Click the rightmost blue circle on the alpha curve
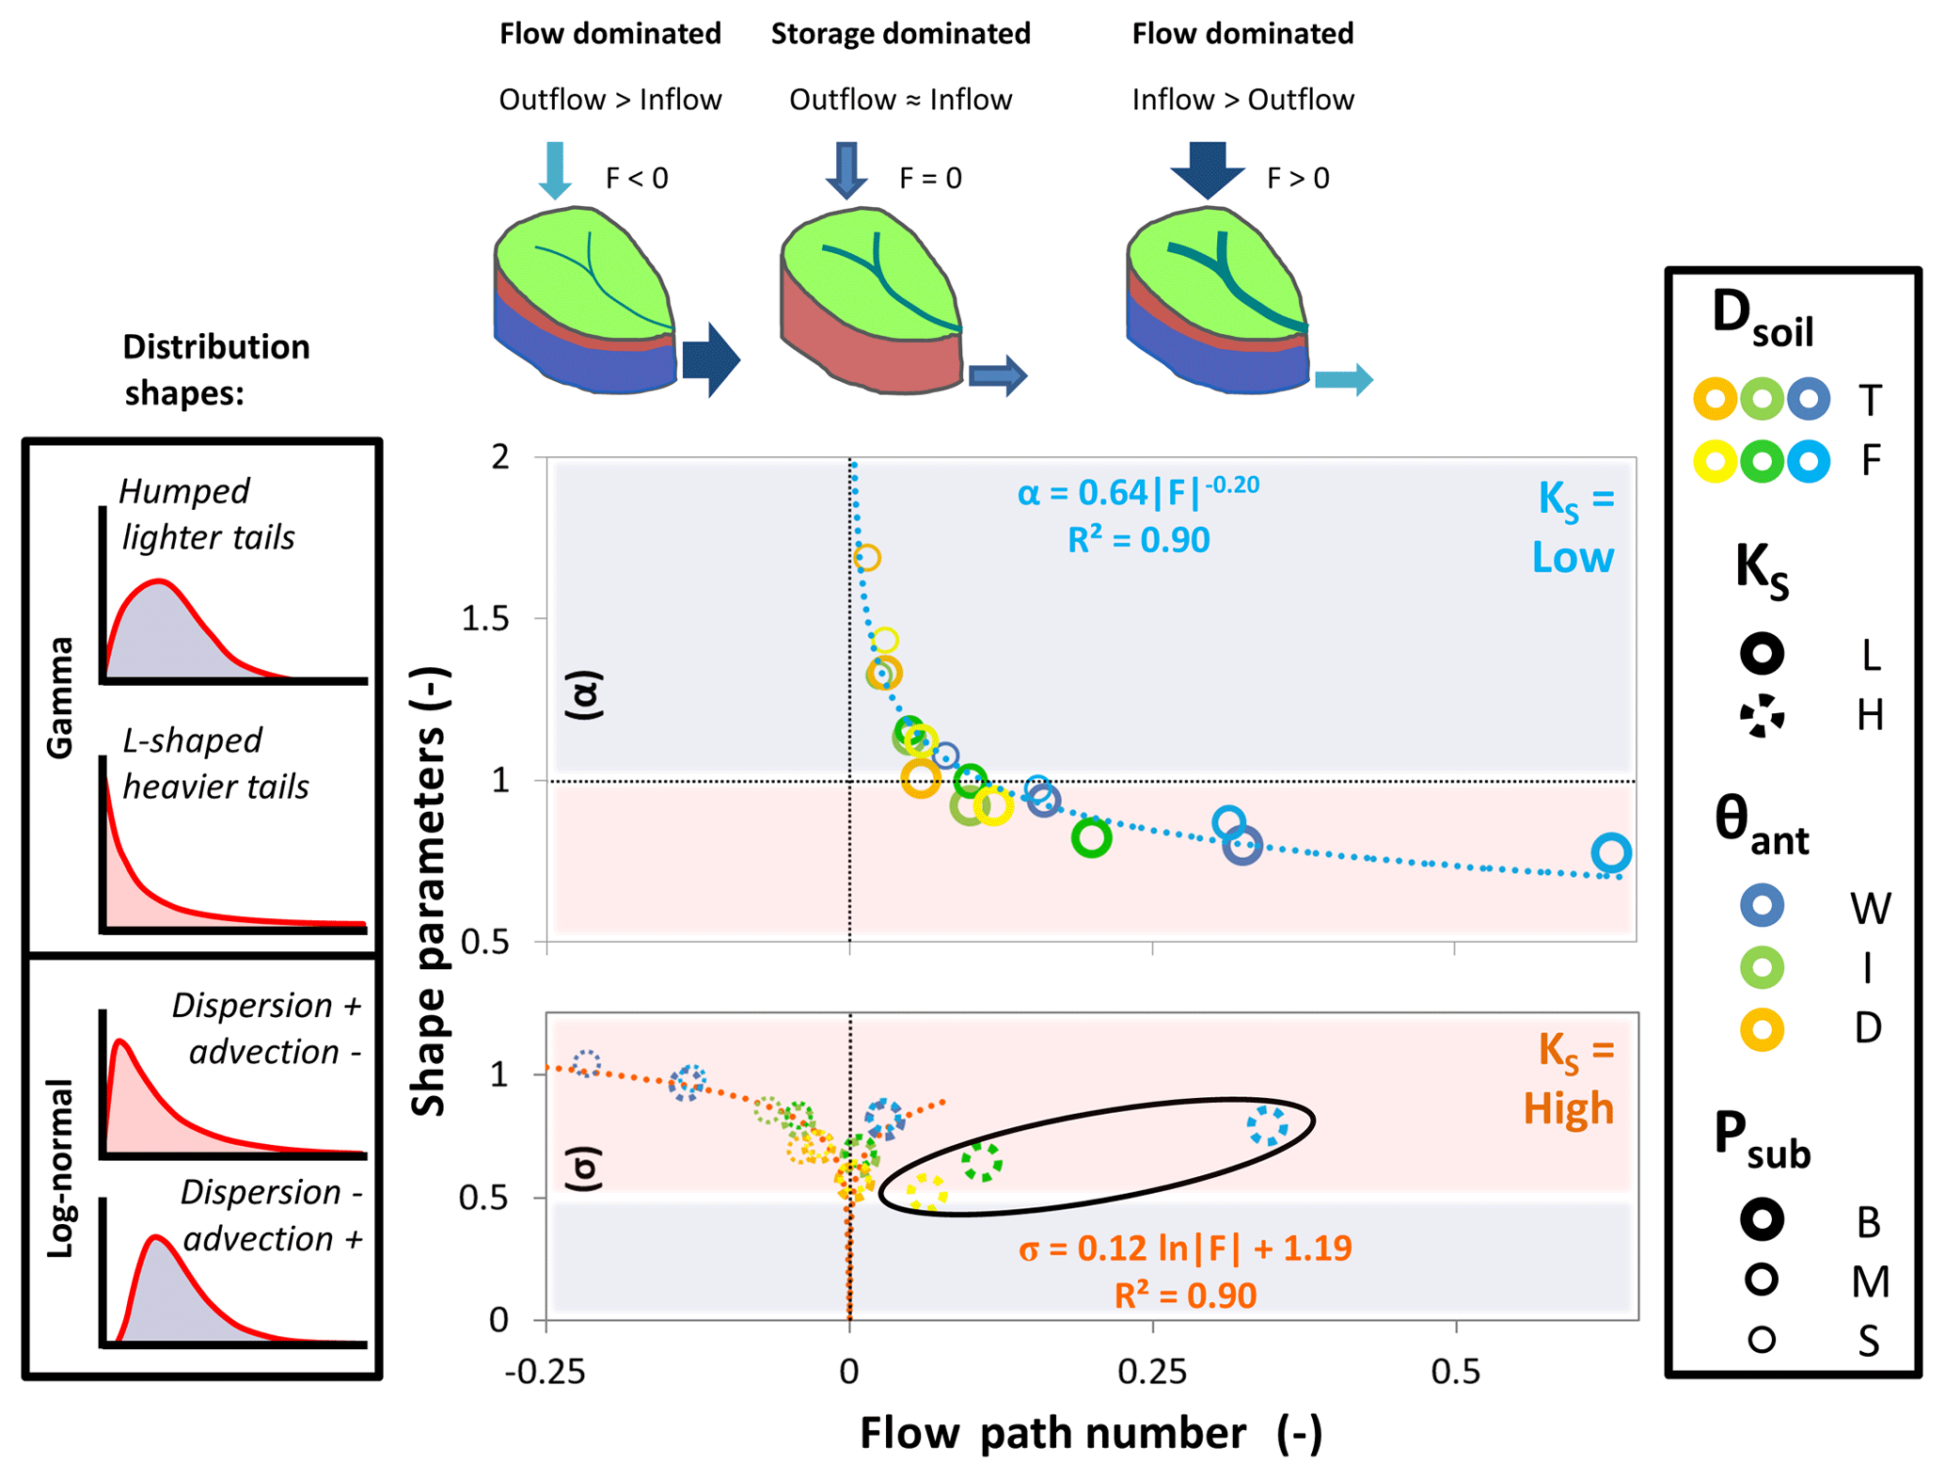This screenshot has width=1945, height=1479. tap(1611, 852)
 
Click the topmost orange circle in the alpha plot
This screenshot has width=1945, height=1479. tap(867, 558)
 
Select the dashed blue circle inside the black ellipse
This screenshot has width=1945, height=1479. tap(1268, 1125)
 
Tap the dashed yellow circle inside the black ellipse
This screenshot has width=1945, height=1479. tap(926, 1192)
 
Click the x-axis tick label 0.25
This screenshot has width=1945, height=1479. tap(1152, 1372)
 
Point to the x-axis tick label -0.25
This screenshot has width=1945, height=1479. tap(546, 1372)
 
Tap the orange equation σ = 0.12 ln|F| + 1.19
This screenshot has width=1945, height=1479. tap(1185, 1248)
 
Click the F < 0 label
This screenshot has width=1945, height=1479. tap(637, 178)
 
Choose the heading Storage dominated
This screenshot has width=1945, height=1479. tap(900, 34)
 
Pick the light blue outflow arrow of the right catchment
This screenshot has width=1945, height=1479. tap(1343, 380)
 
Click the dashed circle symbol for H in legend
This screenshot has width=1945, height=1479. tap(1762, 716)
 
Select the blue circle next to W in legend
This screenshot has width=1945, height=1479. tap(1762, 906)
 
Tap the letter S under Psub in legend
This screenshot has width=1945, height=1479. tap(1868, 1341)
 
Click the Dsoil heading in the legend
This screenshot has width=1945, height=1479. tap(1762, 320)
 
